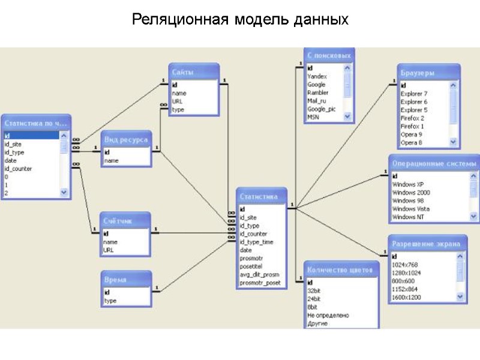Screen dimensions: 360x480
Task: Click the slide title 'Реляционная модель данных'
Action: pos(240,20)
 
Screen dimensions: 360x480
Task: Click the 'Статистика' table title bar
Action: pos(261,196)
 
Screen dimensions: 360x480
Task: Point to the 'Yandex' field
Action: pos(317,77)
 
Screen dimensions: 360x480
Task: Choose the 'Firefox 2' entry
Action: pos(412,119)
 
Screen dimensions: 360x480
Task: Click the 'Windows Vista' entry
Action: pos(411,209)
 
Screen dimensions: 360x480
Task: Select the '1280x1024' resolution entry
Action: pos(407,273)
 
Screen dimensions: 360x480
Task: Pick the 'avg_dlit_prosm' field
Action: pos(259,274)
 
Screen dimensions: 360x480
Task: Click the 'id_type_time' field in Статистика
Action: pos(257,242)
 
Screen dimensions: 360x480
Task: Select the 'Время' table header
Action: pos(125,280)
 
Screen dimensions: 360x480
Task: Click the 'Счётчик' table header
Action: pos(125,221)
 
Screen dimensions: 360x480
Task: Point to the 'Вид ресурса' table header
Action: pos(125,140)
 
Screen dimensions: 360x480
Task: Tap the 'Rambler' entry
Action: pos(317,93)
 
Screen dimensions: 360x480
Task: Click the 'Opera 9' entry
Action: pos(411,135)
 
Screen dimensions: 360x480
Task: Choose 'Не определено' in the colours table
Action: pos(328,315)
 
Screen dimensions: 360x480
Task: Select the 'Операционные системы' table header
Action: pos(433,163)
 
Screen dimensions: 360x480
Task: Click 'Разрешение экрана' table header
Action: pos(427,244)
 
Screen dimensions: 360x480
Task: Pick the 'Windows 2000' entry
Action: pos(411,193)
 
